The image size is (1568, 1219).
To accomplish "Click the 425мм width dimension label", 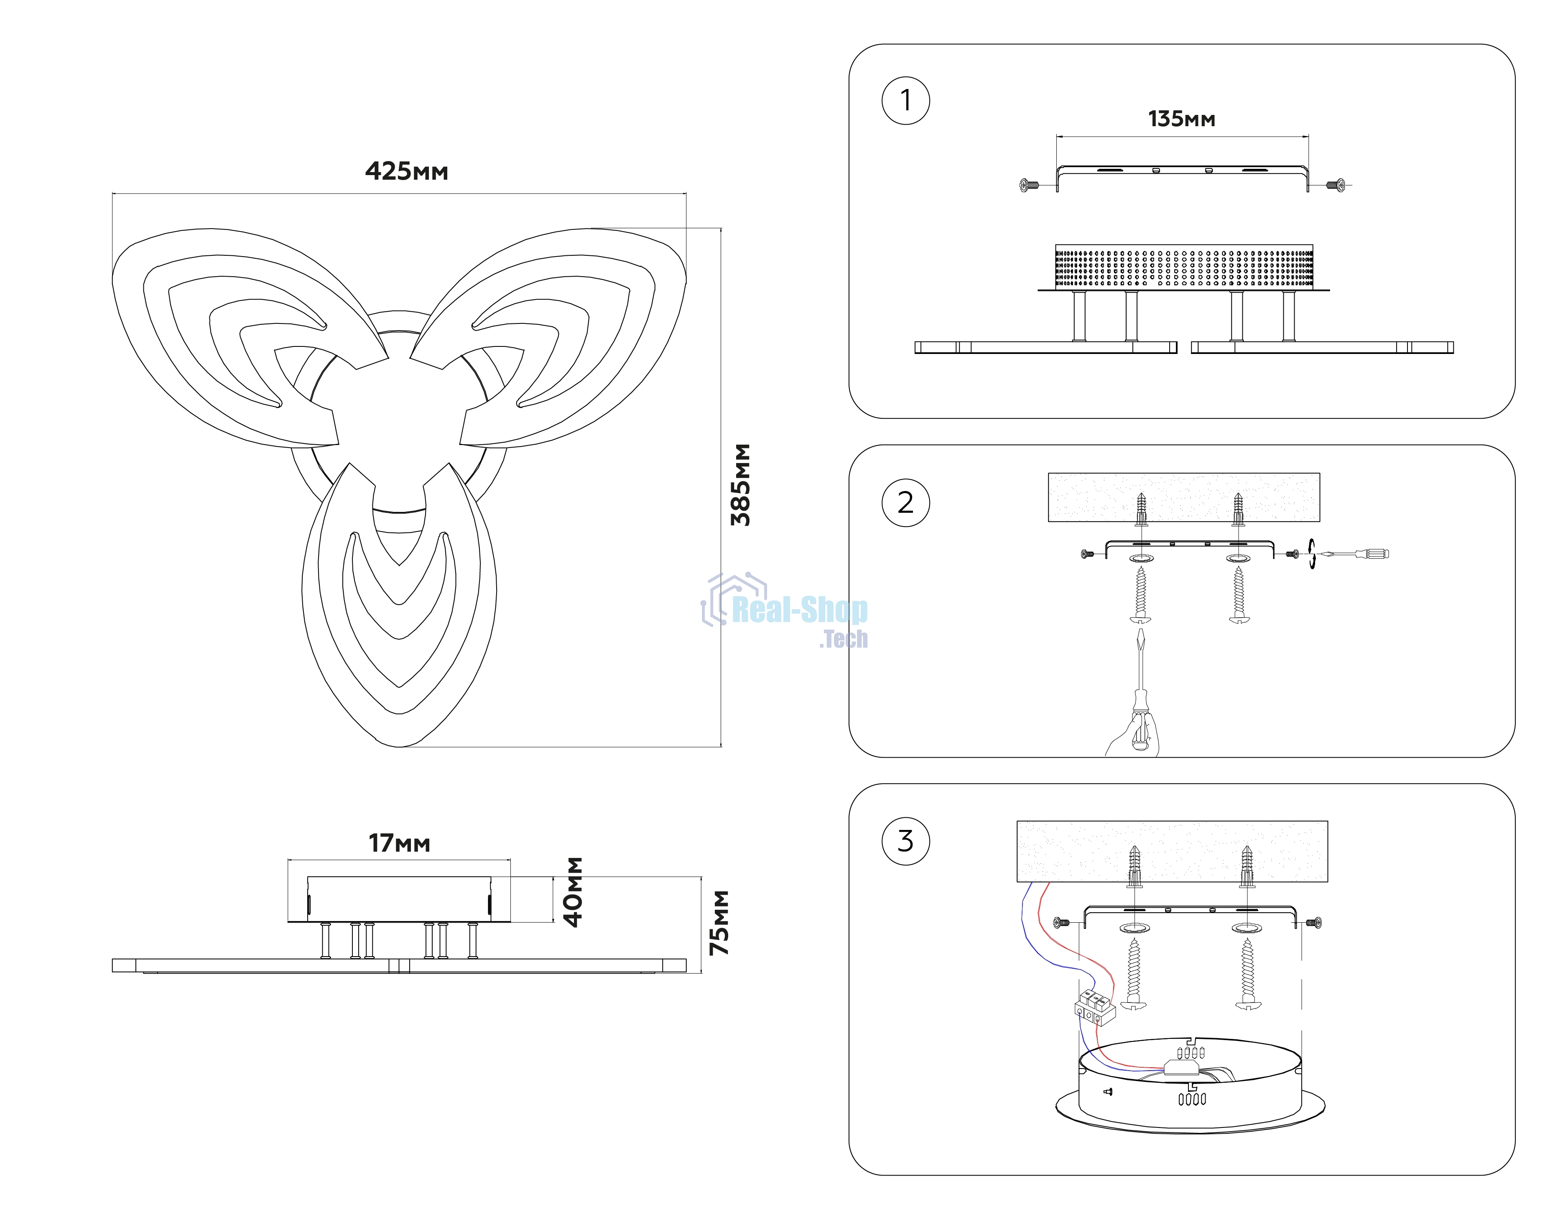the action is click(x=406, y=172).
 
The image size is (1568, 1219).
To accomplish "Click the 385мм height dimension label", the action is click(x=740, y=485).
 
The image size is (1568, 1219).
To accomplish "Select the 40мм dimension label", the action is click(x=573, y=892).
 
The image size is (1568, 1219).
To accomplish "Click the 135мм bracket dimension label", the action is click(x=1182, y=119).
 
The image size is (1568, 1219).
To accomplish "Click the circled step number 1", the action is click(x=905, y=101).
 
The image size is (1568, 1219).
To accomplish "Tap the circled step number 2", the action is click(x=905, y=503).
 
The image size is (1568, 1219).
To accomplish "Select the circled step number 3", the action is click(x=905, y=841).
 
